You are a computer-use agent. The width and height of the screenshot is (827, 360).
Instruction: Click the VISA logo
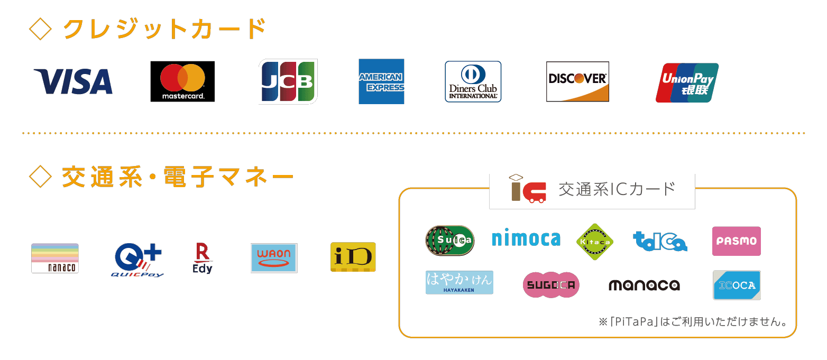pyautogui.click(x=73, y=81)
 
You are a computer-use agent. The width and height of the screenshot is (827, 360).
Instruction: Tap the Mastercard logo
pyautogui.click(x=182, y=81)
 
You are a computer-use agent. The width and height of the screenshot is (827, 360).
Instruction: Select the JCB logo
pyautogui.click(x=288, y=81)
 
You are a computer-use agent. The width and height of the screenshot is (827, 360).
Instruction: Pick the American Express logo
pyautogui.click(x=381, y=81)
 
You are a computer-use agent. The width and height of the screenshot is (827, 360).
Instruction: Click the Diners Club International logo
pyautogui.click(x=473, y=81)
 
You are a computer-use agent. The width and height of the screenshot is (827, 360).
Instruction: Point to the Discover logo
pyautogui.click(x=577, y=81)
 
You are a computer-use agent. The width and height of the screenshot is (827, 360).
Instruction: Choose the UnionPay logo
pyautogui.click(x=687, y=82)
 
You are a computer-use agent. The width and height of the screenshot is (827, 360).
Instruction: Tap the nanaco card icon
pyautogui.click(x=55, y=258)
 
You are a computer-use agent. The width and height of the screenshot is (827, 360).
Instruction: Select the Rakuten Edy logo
pyautogui.click(x=203, y=258)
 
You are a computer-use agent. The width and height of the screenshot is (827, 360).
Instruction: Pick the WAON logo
pyautogui.click(x=274, y=258)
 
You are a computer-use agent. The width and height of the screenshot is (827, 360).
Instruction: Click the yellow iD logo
pyautogui.click(x=353, y=257)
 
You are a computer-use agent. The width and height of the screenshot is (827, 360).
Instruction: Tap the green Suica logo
pyautogui.click(x=450, y=241)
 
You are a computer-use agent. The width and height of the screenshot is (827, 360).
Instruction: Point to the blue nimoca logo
pyautogui.click(x=526, y=239)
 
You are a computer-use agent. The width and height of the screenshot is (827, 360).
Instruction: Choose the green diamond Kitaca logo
pyautogui.click(x=594, y=242)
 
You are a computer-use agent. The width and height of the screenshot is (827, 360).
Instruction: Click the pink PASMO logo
pyautogui.click(x=736, y=241)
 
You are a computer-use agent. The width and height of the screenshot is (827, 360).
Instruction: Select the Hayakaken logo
pyautogui.click(x=459, y=282)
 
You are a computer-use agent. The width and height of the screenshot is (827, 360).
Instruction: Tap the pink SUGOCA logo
pyautogui.click(x=551, y=285)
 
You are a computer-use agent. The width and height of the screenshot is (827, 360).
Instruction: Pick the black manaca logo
pyautogui.click(x=644, y=285)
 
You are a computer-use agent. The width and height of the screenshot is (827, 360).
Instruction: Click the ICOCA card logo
pyautogui.click(x=736, y=285)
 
